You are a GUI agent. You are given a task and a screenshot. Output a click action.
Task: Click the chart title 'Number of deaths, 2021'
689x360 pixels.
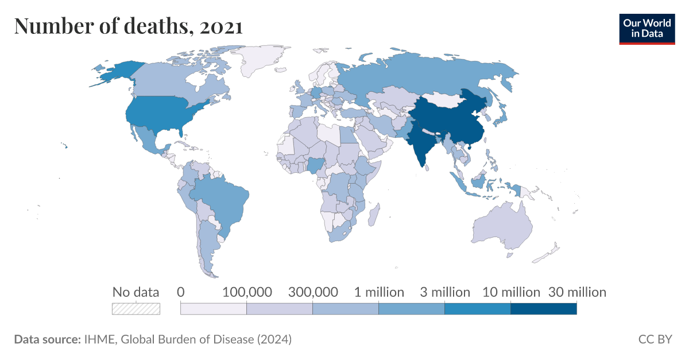coord(128,26)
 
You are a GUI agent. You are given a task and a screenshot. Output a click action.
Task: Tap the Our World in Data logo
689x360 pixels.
coord(647,29)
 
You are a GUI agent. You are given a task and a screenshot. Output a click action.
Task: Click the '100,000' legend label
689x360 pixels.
coord(246,292)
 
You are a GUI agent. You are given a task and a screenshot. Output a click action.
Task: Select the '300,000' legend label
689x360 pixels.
coord(312,292)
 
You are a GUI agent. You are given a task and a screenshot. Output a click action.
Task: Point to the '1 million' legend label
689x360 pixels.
coord(379,292)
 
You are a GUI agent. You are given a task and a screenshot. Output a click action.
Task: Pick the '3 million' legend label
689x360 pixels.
coord(444,292)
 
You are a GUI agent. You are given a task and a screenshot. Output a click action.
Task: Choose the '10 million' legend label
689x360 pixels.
coord(510,292)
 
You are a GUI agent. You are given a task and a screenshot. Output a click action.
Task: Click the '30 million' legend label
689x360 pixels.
coord(576,292)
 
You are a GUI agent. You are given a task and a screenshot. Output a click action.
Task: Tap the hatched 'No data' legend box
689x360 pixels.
coord(136,309)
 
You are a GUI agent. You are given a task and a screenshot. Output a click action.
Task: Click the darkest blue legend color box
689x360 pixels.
coord(543,309)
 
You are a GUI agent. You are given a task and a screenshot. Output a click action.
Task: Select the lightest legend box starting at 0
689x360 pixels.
coord(214,309)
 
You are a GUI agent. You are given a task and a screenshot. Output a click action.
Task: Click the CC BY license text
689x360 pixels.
coord(655,339)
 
